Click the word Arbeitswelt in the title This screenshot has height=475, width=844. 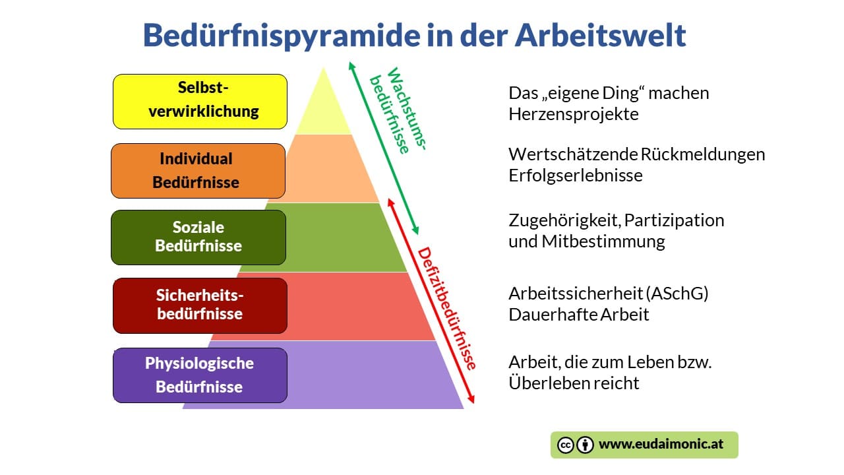600,36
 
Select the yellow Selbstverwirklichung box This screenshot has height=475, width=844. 200,102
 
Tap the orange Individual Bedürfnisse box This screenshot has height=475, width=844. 198,171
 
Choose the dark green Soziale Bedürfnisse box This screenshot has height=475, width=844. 198,237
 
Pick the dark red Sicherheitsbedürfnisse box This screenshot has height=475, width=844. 200,305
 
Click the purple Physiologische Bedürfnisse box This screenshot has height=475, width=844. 200,375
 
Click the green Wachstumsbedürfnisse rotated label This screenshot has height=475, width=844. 398,110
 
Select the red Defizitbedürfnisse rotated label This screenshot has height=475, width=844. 447,308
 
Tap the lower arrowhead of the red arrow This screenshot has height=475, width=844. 471,400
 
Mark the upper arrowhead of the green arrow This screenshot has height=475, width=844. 351,65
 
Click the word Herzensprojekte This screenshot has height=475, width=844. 574,114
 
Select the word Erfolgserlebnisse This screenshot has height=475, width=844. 576,175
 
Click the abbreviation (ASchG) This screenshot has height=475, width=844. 677,294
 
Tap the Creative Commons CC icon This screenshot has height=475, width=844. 565,445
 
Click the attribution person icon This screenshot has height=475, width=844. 585,445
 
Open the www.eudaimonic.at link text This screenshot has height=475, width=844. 661,444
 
